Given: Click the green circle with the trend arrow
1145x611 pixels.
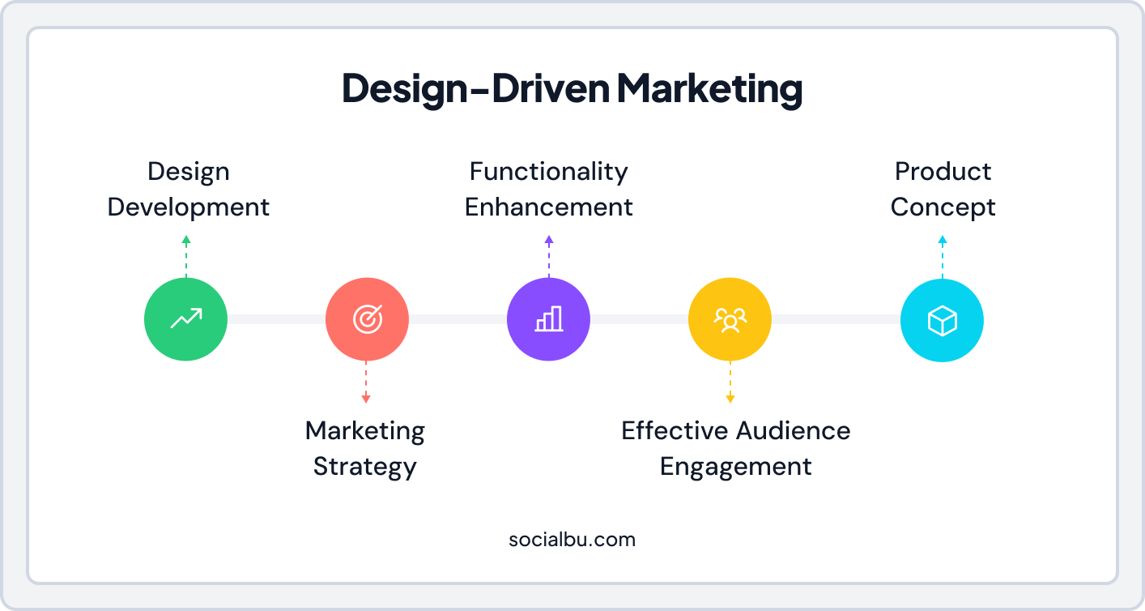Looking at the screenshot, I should pyautogui.click(x=185, y=319).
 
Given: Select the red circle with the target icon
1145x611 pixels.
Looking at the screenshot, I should pyautogui.click(x=367, y=319).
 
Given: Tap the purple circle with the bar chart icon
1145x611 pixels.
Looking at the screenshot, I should pyautogui.click(x=548, y=319).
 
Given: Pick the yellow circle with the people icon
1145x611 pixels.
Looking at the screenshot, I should pyautogui.click(x=730, y=319).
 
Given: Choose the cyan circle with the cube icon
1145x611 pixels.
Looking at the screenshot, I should pyautogui.click(x=942, y=321).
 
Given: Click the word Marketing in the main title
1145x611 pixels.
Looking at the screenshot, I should pyautogui.click(x=709, y=89).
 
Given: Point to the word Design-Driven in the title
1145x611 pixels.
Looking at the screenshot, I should pyautogui.click(x=475, y=89).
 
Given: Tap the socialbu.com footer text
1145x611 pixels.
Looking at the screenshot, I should pyautogui.click(x=572, y=539).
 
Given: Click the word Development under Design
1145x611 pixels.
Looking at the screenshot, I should pyautogui.click(x=188, y=207).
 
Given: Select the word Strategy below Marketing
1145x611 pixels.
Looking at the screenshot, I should pyautogui.click(x=364, y=467).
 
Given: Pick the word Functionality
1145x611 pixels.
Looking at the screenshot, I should pyautogui.click(x=548, y=172).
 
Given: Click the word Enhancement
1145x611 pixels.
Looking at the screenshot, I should pyautogui.click(x=548, y=207).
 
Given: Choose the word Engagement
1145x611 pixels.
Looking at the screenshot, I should pyautogui.click(x=735, y=467).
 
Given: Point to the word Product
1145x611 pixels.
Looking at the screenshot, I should pyautogui.click(x=943, y=172).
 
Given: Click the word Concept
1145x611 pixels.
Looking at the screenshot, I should pyautogui.click(x=943, y=207).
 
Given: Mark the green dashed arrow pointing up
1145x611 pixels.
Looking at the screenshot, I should pyautogui.click(x=186, y=256).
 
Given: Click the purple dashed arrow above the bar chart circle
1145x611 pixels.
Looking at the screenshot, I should pyautogui.click(x=548, y=256).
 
